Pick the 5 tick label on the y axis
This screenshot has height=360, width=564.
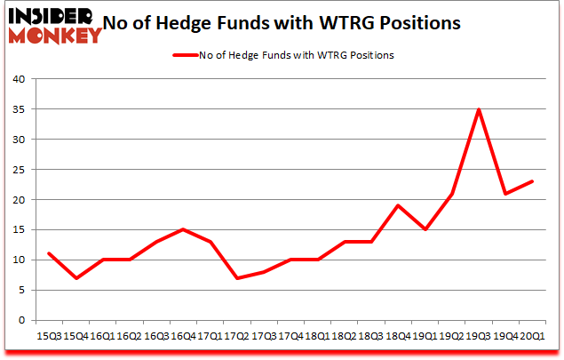coord(20,290)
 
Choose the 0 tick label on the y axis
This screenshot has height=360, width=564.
coord(20,320)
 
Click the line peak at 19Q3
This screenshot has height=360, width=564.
coord(480,109)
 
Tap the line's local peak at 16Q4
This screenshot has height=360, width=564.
coord(182,229)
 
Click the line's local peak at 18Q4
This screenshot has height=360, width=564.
coord(398,205)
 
